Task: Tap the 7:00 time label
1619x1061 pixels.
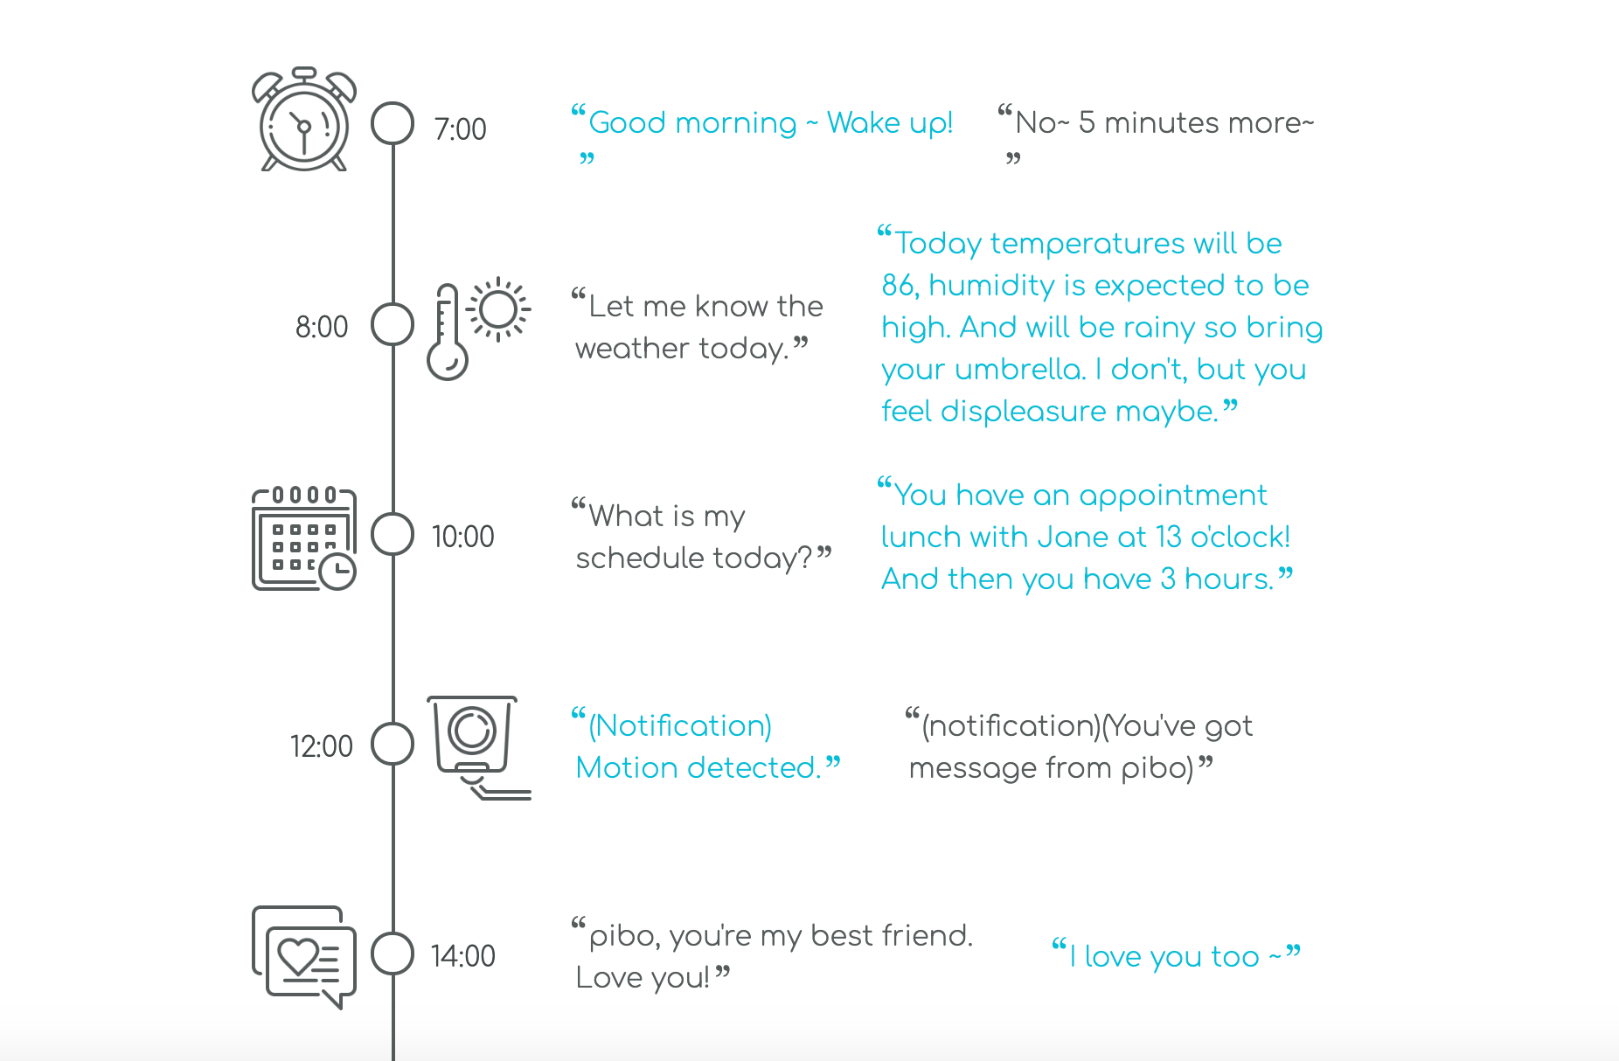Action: click(x=460, y=129)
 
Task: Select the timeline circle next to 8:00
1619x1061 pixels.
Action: click(x=393, y=325)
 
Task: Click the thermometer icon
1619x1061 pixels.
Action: click(x=447, y=333)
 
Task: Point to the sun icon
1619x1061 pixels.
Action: click(x=498, y=309)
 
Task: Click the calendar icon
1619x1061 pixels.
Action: click(x=302, y=538)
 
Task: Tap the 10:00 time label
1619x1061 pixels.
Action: click(x=462, y=537)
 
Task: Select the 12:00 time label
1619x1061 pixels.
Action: click(x=321, y=746)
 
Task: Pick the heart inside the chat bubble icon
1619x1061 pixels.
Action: click(x=297, y=955)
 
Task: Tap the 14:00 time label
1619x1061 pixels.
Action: click(x=462, y=956)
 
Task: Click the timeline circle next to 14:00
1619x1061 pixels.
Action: click(x=393, y=954)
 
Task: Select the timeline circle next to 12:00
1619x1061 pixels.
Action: click(x=393, y=744)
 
